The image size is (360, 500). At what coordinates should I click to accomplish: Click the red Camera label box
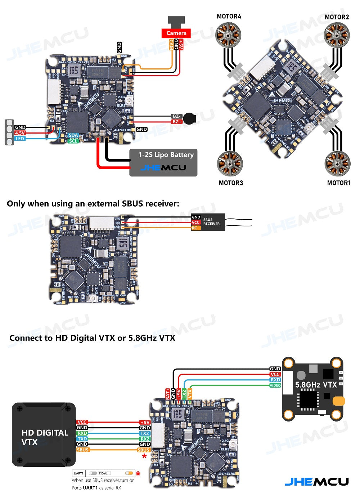pyautogui.click(x=176, y=33)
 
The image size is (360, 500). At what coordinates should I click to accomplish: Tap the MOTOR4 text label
pyautogui.click(x=229, y=16)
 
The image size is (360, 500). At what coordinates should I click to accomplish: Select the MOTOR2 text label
pyautogui.click(x=337, y=17)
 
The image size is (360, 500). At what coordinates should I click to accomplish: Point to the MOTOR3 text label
pyautogui.click(x=231, y=183)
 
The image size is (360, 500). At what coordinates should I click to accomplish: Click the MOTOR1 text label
pyautogui.click(x=338, y=183)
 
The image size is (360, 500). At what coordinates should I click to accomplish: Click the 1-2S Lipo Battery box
pyautogui.click(x=163, y=163)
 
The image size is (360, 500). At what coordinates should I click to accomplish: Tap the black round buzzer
pyautogui.click(x=189, y=118)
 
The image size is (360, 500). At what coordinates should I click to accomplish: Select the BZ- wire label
pyautogui.click(x=176, y=116)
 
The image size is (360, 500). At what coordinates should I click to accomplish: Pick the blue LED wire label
pyautogui.click(x=20, y=139)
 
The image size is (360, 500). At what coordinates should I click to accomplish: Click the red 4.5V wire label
pyautogui.click(x=20, y=133)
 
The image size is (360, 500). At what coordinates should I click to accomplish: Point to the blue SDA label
pyautogui.click(x=73, y=135)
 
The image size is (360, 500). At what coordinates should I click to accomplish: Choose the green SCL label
pyautogui.click(x=73, y=141)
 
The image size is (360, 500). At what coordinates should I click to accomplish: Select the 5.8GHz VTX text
pyautogui.click(x=316, y=385)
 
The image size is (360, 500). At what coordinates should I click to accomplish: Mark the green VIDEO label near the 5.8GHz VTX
pyautogui.click(x=275, y=385)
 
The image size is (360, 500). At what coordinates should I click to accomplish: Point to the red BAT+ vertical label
pyautogui.click(x=168, y=394)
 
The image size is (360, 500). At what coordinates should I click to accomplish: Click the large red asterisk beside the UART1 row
pyautogui.click(x=138, y=474)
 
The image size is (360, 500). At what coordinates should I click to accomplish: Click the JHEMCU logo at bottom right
pyautogui.click(x=316, y=482)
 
